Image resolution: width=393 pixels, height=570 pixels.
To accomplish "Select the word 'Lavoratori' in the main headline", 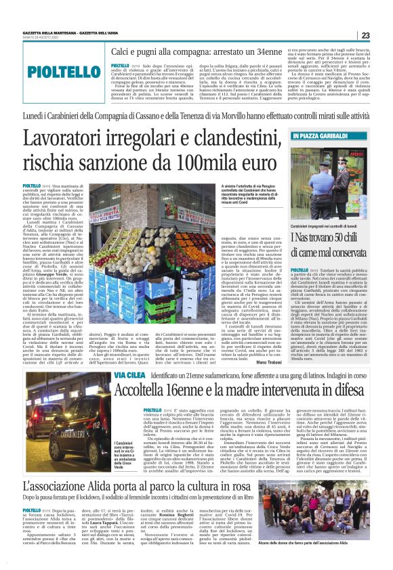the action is tap(70, 139).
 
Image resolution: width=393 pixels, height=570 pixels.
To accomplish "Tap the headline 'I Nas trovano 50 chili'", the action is tap(329, 237).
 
